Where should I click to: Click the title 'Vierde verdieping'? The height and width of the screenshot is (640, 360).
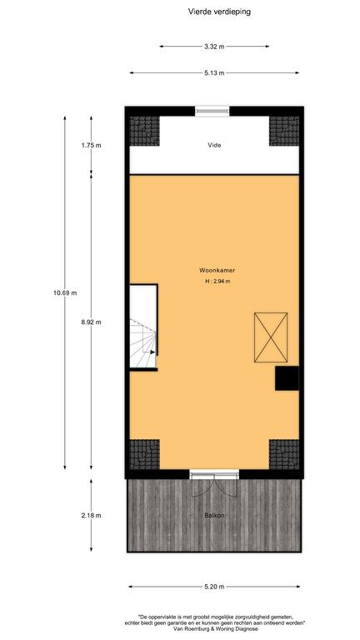(x=219, y=12)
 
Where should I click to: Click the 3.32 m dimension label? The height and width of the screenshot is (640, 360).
(x=214, y=47)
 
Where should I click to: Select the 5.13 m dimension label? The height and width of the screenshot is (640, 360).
(x=214, y=73)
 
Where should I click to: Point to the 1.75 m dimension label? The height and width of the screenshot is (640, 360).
(x=91, y=145)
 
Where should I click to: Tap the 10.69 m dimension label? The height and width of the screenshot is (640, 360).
(x=65, y=292)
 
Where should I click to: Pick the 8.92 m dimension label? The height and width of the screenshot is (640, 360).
(x=91, y=322)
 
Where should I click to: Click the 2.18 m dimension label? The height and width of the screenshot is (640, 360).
(x=91, y=516)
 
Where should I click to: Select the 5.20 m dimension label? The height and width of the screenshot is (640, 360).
(x=214, y=587)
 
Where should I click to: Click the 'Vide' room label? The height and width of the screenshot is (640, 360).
(x=214, y=145)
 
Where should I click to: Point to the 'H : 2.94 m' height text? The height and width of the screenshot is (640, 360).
(x=215, y=281)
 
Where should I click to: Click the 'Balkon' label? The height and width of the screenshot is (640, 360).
(x=214, y=516)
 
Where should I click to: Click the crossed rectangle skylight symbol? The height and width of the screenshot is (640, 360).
(x=271, y=337)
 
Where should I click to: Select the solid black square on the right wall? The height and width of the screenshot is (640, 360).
(x=287, y=378)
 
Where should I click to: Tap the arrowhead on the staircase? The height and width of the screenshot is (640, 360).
(x=152, y=352)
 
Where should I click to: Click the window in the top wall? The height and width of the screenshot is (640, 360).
(x=212, y=111)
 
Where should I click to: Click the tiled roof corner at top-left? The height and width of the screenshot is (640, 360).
(x=144, y=131)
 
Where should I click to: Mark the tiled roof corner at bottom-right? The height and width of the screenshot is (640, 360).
(x=284, y=455)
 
